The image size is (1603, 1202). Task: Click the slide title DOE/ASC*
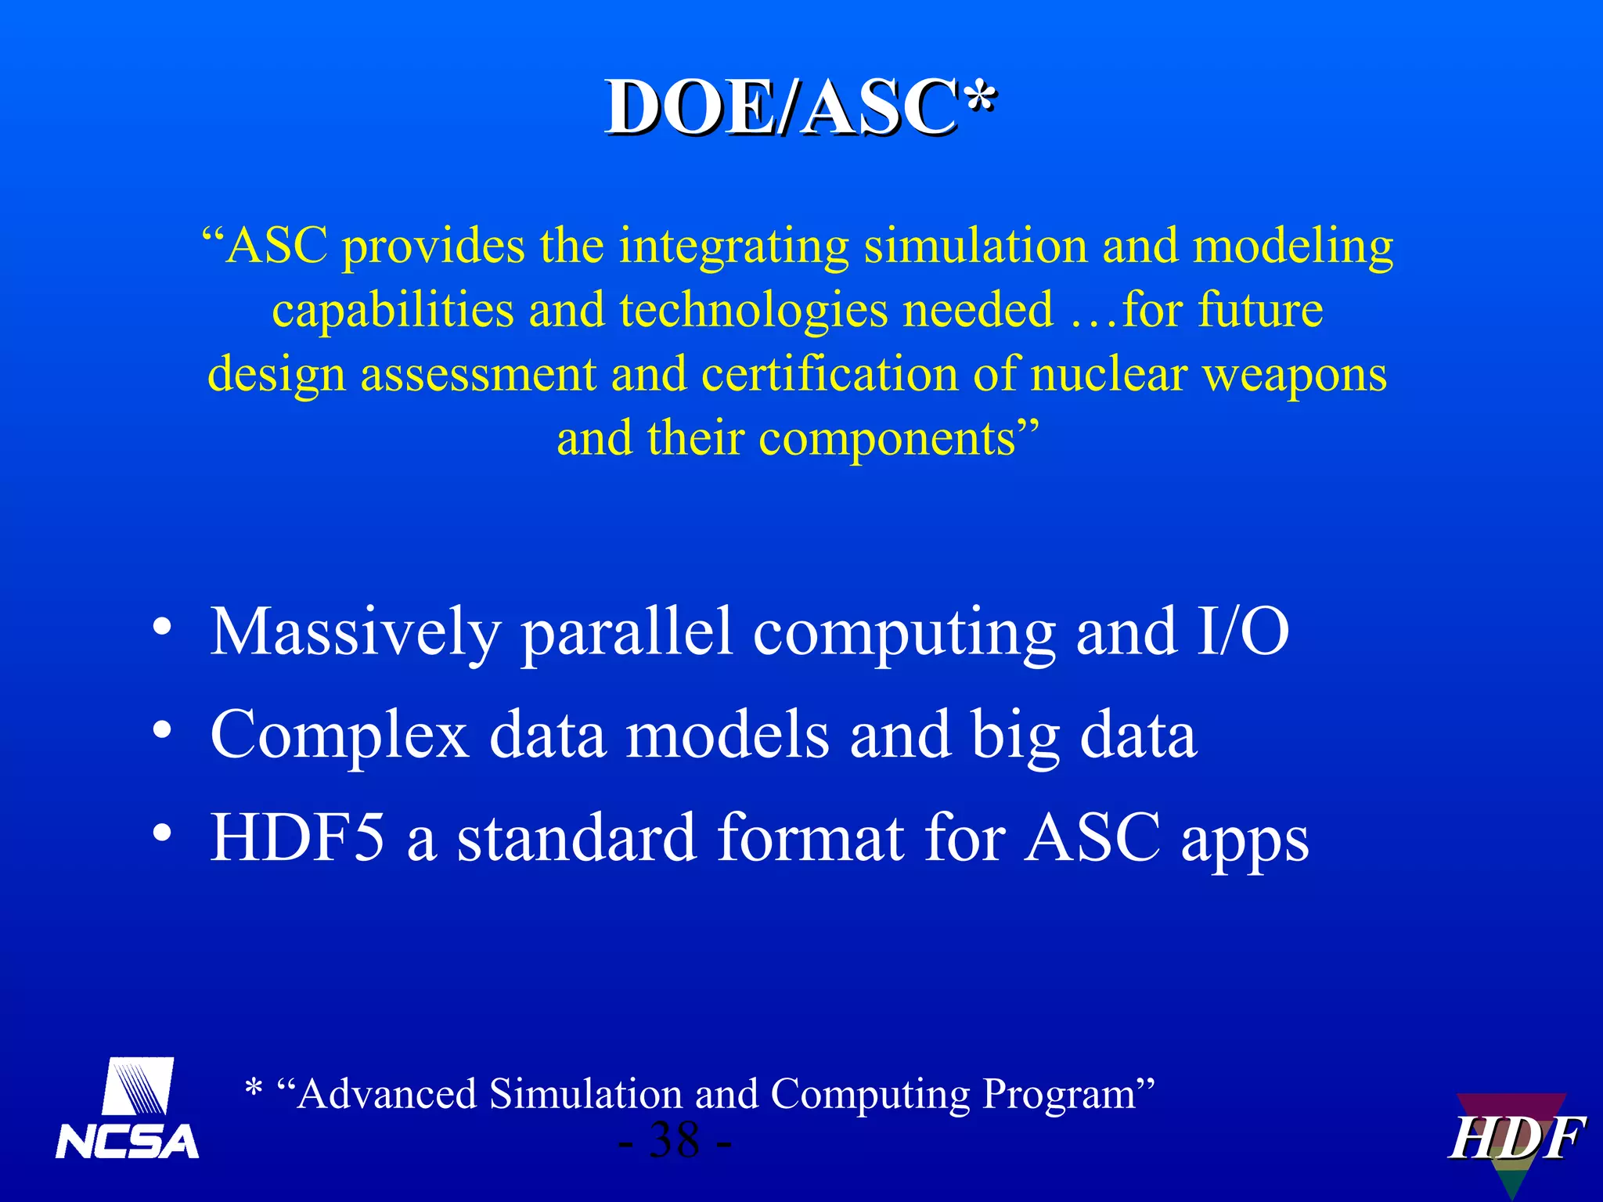(x=800, y=107)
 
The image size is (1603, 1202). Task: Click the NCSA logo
(x=128, y=1109)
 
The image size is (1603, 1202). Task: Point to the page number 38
(x=675, y=1140)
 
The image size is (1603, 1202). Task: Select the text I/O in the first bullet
(x=1243, y=632)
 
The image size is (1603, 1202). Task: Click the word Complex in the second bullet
(x=340, y=736)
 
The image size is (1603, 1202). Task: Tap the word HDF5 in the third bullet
(x=297, y=837)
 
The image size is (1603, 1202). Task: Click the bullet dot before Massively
(x=162, y=628)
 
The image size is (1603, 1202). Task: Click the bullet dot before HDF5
(x=162, y=833)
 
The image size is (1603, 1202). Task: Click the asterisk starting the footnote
(x=253, y=1088)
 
